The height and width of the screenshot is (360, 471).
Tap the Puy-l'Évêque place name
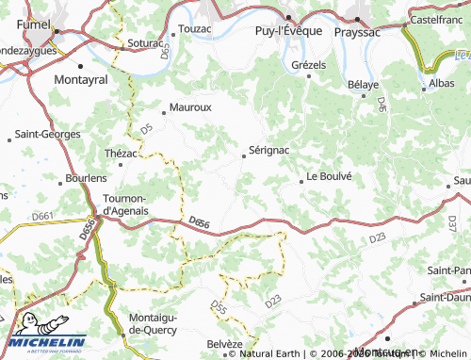[x=289, y=30]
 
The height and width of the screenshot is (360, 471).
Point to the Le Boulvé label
[x=329, y=176]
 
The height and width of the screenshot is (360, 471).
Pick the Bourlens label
[x=86, y=178]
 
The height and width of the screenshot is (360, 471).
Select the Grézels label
[x=308, y=65]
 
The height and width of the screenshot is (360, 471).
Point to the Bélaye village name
[x=363, y=85]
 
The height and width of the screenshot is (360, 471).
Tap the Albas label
[x=441, y=84]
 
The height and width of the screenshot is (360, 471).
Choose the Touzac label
[x=195, y=29]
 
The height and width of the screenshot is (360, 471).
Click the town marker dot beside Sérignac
[x=244, y=156]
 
